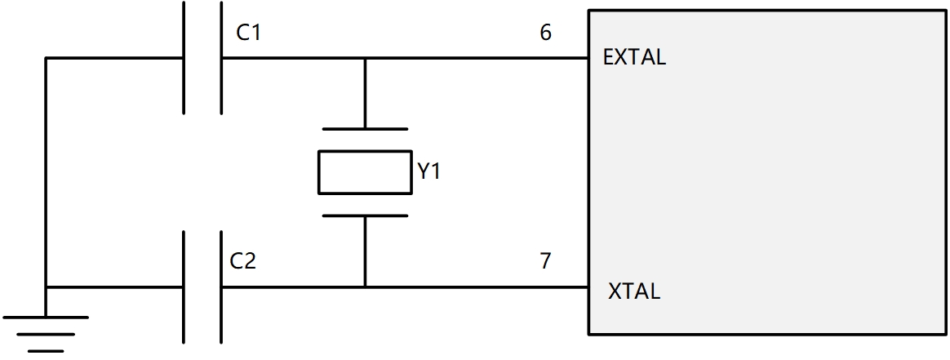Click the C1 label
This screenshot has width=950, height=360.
point(250,33)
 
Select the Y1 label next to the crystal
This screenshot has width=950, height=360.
point(428,172)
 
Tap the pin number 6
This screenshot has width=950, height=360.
point(545,33)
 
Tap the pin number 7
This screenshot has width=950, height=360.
point(545,261)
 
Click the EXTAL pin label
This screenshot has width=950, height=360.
point(634,58)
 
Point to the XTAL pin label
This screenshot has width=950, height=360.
point(634,291)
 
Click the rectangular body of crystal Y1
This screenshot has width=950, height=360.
point(365,172)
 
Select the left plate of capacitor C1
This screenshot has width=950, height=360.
point(184,57)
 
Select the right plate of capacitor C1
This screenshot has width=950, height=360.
point(220,57)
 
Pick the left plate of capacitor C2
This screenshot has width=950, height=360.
point(184,287)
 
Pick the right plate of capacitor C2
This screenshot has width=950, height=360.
point(220,287)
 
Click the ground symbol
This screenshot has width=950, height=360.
point(46,333)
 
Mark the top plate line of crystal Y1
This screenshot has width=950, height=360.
point(365,129)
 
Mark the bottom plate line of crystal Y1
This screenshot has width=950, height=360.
point(365,216)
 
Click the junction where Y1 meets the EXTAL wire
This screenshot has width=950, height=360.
point(365,58)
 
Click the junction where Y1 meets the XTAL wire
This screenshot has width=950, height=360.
point(365,287)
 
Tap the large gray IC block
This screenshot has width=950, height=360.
point(767,171)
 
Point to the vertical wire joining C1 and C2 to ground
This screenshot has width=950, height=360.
point(46,171)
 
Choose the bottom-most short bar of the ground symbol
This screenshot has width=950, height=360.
point(46,350)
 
